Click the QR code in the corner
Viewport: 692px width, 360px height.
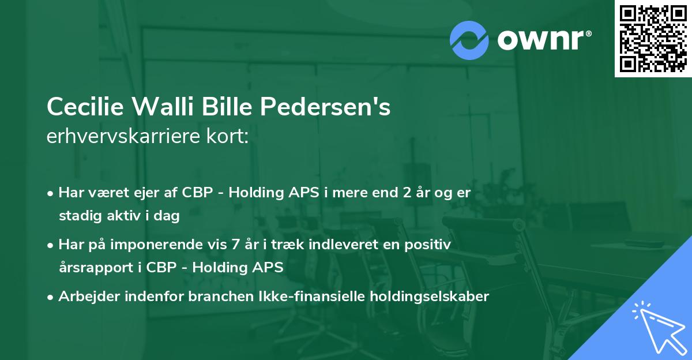pyautogui.click(x=653, y=39)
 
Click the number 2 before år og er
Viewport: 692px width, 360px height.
pyautogui.click(x=407, y=193)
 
